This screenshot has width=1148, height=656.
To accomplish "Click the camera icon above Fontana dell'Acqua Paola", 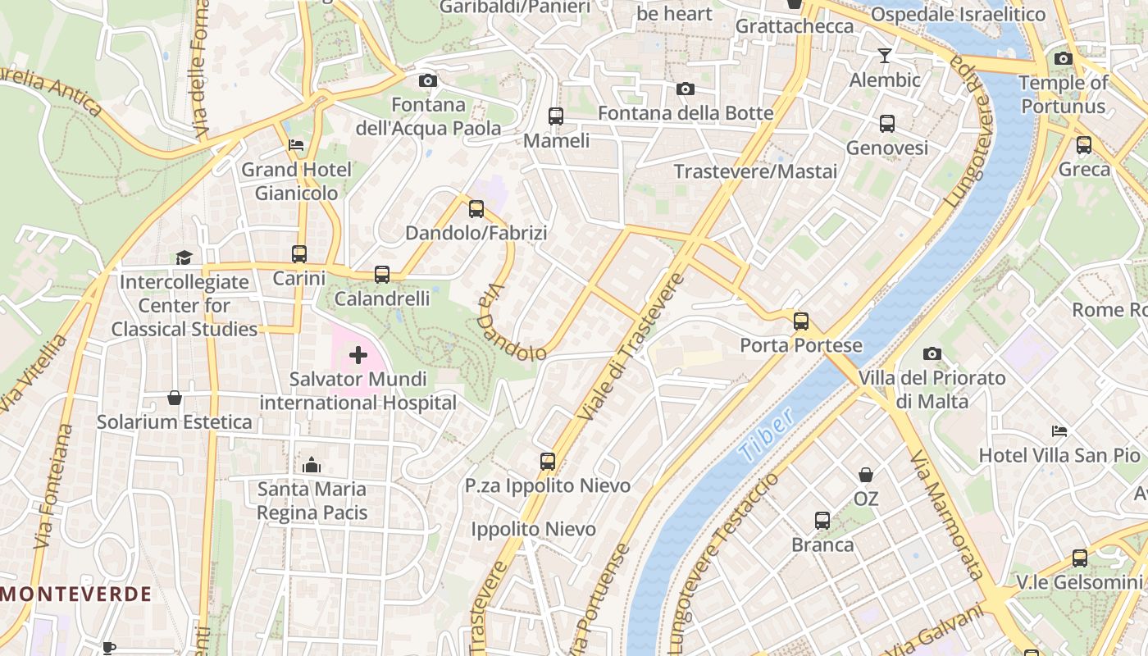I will (x=427, y=80).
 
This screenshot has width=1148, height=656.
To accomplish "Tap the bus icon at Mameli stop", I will (x=556, y=116).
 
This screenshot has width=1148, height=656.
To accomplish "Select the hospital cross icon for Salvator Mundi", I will (x=358, y=355).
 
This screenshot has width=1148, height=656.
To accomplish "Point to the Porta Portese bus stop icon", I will (x=801, y=321).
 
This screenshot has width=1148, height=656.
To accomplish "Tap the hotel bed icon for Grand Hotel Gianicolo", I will (x=296, y=145).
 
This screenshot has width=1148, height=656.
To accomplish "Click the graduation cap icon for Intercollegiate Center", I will (x=184, y=257).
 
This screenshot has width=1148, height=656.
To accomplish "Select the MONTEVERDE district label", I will (x=76, y=594).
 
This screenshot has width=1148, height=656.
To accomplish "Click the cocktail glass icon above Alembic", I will (x=885, y=56).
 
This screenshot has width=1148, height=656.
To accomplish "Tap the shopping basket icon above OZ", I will (x=866, y=475).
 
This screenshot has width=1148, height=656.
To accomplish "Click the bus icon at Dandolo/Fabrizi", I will (x=476, y=209).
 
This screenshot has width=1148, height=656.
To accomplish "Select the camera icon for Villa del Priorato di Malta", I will (x=932, y=354).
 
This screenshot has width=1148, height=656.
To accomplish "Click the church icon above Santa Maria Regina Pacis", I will (x=312, y=465).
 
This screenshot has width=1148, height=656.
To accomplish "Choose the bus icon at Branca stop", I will (x=822, y=521).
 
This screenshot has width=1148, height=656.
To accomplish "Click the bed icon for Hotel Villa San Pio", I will (x=1059, y=431).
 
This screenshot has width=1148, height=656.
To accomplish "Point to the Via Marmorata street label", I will (x=945, y=515).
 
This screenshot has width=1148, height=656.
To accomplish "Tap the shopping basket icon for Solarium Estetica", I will (x=175, y=398).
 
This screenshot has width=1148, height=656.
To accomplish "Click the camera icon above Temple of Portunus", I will (x=1064, y=59).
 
